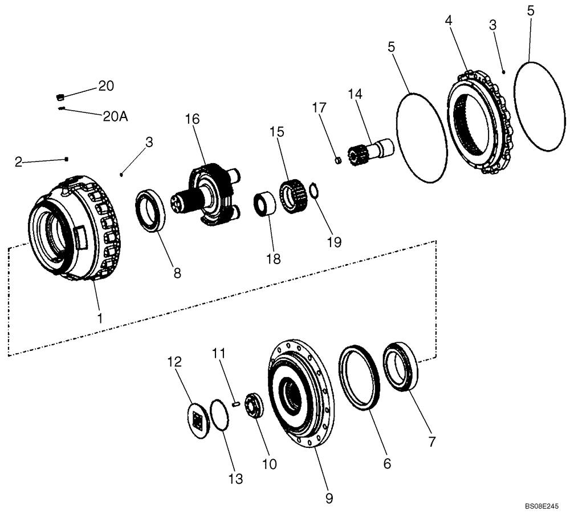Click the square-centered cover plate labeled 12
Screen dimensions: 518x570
coord(199,421)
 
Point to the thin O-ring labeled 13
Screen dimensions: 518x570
coord(220,415)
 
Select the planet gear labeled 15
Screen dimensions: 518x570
coord(292,197)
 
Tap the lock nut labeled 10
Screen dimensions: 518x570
coord(253,404)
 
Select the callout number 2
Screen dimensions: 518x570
coord(18,163)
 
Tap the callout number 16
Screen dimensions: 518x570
coord(192,119)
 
